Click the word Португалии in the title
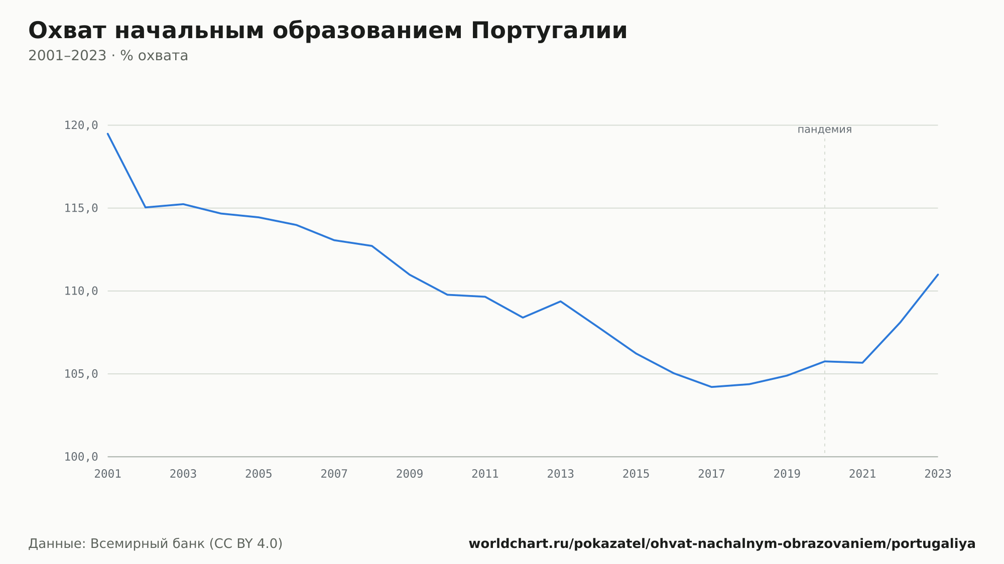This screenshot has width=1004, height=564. (549, 31)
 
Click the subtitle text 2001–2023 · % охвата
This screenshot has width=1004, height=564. (108, 56)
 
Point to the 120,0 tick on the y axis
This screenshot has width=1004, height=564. (81, 125)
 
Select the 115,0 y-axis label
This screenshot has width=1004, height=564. (81, 208)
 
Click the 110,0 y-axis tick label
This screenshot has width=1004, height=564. (81, 291)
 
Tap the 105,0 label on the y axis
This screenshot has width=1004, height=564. (81, 374)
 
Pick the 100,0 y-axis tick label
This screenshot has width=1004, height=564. (81, 457)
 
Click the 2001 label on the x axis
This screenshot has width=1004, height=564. (108, 474)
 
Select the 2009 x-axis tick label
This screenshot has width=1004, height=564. (410, 474)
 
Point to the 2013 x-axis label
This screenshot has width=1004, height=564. (561, 474)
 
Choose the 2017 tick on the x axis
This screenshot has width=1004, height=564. (711, 474)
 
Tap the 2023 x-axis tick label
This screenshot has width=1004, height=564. (938, 474)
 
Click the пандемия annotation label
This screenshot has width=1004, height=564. (824, 129)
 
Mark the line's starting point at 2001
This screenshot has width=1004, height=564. (108, 133)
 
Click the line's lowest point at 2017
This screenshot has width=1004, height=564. (711, 387)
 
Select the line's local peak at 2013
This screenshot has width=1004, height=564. (561, 301)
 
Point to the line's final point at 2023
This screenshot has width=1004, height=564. (938, 274)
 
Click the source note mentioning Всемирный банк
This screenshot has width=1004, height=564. (156, 544)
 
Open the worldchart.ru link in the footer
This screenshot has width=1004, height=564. (722, 544)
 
